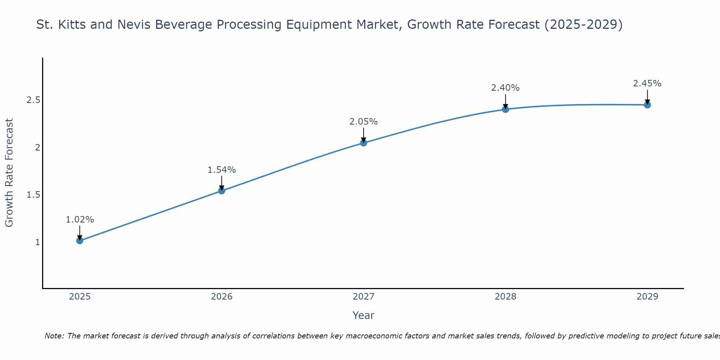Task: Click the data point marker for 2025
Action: (x=80, y=240)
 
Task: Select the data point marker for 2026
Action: (x=222, y=191)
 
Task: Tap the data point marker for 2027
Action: (x=364, y=143)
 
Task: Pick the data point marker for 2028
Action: (x=505, y=109)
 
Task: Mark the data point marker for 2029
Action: (x=647, y=105)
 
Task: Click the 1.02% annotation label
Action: (x=80, y=220)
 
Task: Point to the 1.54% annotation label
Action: (x=222, y=170)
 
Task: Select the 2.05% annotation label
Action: (x=364, y=122)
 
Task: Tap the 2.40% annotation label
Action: (x=505, y=88)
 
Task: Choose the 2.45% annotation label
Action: (x=647, y=84)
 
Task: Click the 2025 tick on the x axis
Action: (x=80, y=297)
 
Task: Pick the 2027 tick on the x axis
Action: (x=364, y=297)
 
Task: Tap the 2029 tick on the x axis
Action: (x=647, y=297)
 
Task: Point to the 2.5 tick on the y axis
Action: (x=33, y=100)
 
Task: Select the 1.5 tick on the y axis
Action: (x=33, y=195)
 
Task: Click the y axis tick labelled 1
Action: (x=37, y=242)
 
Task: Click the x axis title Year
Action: (x=364, y=315)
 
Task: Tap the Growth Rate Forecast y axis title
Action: (x=9, y=173)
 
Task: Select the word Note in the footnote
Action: (x=54, y=336)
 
